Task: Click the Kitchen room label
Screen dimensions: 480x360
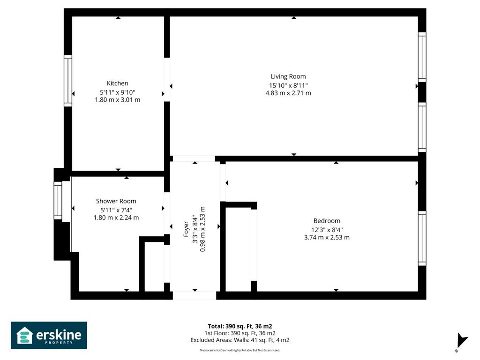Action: click(117, 83)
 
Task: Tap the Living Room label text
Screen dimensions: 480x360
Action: click(288, 76)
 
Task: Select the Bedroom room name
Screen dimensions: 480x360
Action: click(327, 221)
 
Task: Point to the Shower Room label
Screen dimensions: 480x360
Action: click(116, 201)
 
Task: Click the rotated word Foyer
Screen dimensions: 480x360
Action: click(186, 229)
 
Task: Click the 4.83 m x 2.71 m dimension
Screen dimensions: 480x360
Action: click(288, 93)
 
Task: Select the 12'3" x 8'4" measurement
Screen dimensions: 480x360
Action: click(327, 230)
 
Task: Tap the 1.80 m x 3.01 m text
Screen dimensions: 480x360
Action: click(117, 100)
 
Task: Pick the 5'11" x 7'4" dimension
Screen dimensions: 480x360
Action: click(116, 210)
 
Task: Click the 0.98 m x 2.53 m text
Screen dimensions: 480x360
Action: click(202, 229)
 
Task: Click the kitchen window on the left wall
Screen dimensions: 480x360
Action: click(67, 81)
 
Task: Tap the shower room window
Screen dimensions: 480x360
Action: click(58, 201)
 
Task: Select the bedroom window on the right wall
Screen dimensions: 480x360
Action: click(422, 238)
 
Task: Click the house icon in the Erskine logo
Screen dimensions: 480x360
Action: click(24, 336)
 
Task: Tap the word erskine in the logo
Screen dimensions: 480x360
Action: click(59, 335)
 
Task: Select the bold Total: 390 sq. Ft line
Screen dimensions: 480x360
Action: click(240, 326)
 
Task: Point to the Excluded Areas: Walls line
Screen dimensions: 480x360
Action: click(240, 340)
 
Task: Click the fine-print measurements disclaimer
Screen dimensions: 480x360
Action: click(240, 350)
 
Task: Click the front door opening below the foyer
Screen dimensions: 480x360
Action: click(195, 295)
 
